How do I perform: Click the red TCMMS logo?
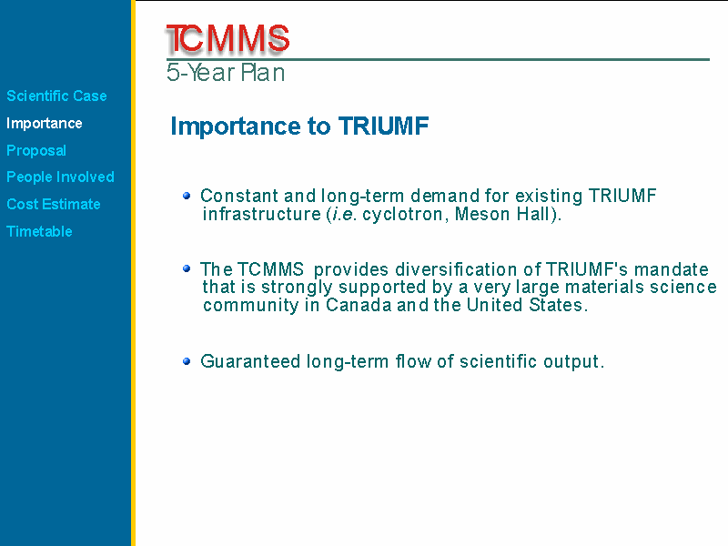pyautogui.click(x=227, y=38)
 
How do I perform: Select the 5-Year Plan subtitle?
pyautogui.click(x=226, y=73)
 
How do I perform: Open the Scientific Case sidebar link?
pyautogui.click(x=56, y=96)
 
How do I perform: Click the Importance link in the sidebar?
pyautogui.click(x=45, y=123)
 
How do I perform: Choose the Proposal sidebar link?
pyautogui.click(x=36, y=150)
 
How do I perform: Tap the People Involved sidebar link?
pyautogui.click(x=60, y=177)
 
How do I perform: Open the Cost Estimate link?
pyautogui.click(x=54, y=204)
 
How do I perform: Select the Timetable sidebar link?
pyautogui.click(x=39, y=231)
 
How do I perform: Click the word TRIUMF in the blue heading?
pyautogui.click(x=383, y=126)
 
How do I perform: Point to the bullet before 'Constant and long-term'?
pyautogui.click(x=187, y=196)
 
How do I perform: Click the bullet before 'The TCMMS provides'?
pyautogui.click(x=187, y=268)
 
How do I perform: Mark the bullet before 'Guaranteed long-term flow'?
pyautogui.click(x=187, y=361)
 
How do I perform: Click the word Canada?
pyautogui.click(x=359, y=305)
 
